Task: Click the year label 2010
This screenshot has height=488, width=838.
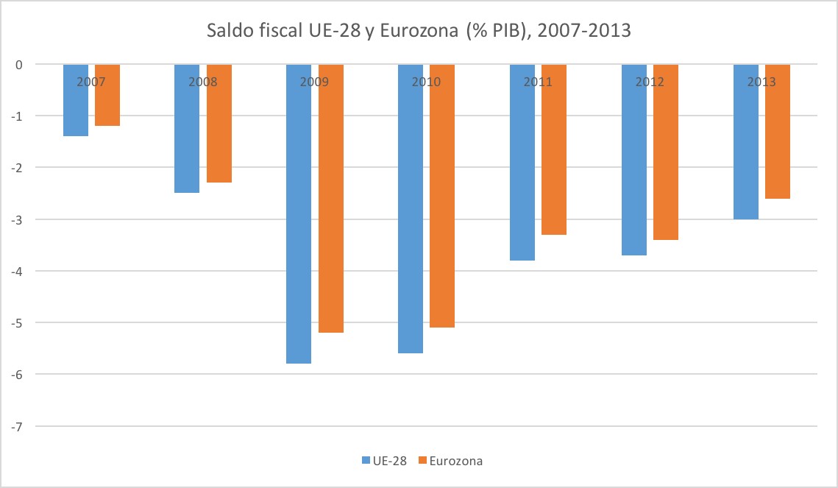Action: point(426,82)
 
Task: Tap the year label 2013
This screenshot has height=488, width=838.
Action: point(761,82)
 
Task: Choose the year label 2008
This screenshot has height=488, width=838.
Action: point(202,82)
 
